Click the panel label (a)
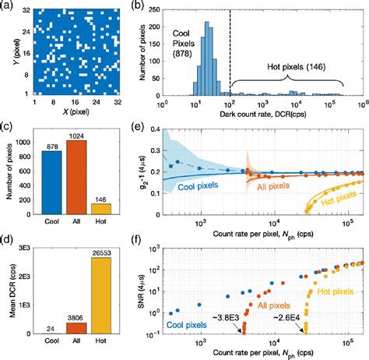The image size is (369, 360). click(x=10, y=7)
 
